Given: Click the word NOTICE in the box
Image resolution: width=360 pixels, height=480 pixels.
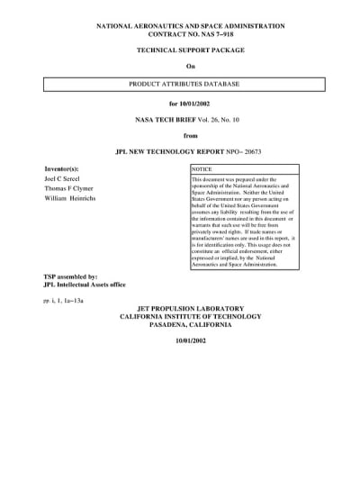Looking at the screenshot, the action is tap(202, 169).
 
